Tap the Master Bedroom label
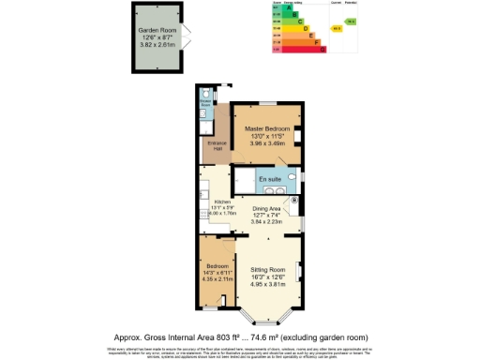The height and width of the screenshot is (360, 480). coord(268,128)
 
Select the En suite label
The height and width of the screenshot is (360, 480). coord(270,178)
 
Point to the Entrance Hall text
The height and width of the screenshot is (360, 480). coord(214,147)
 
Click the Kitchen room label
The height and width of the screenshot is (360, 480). coord(222,202)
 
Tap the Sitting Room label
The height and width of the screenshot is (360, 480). coord(269,269)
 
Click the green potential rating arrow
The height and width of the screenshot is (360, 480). coord(351,21)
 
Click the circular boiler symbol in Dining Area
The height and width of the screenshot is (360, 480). coord(294,200)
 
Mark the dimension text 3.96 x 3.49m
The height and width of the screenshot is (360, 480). coord(268,143)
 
